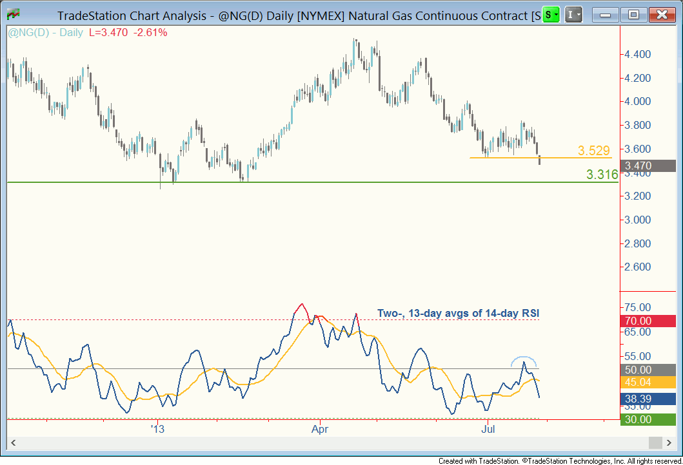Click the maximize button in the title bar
(634, 14)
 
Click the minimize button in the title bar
(608, 14)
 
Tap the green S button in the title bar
(550, 14)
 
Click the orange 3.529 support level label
(593, 151)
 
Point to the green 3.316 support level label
(602, 174)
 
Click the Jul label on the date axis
(488, 428)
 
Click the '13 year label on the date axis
(157, 428)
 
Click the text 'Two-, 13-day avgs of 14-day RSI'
(458, 314)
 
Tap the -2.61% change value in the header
(150, 32)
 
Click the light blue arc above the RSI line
(524, 359)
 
